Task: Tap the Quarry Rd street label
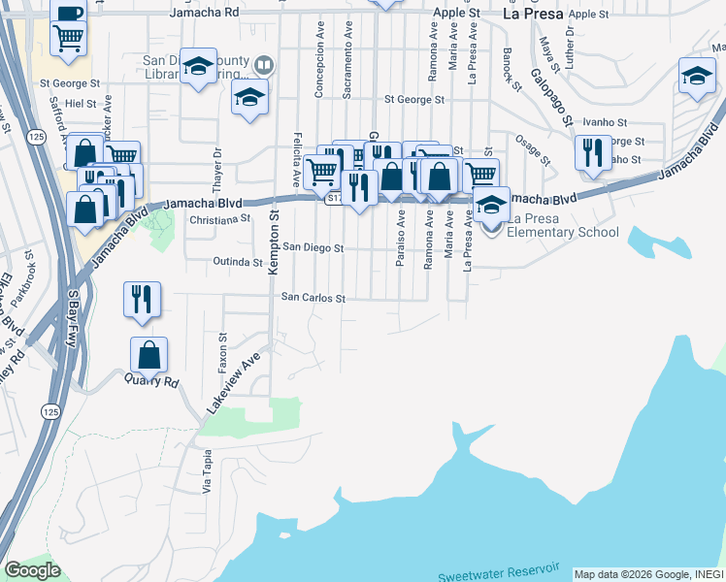(151, 381)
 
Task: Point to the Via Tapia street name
(207, 471)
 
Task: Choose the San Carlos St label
(313, 299)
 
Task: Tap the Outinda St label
(238, 262)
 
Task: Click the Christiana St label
(219, 220)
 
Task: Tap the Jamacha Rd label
(203, 13)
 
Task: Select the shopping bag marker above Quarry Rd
(148, 355)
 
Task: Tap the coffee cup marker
(69, 12)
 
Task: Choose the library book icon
(264, 66)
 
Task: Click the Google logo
(32, 570)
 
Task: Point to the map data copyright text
(648, 574)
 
